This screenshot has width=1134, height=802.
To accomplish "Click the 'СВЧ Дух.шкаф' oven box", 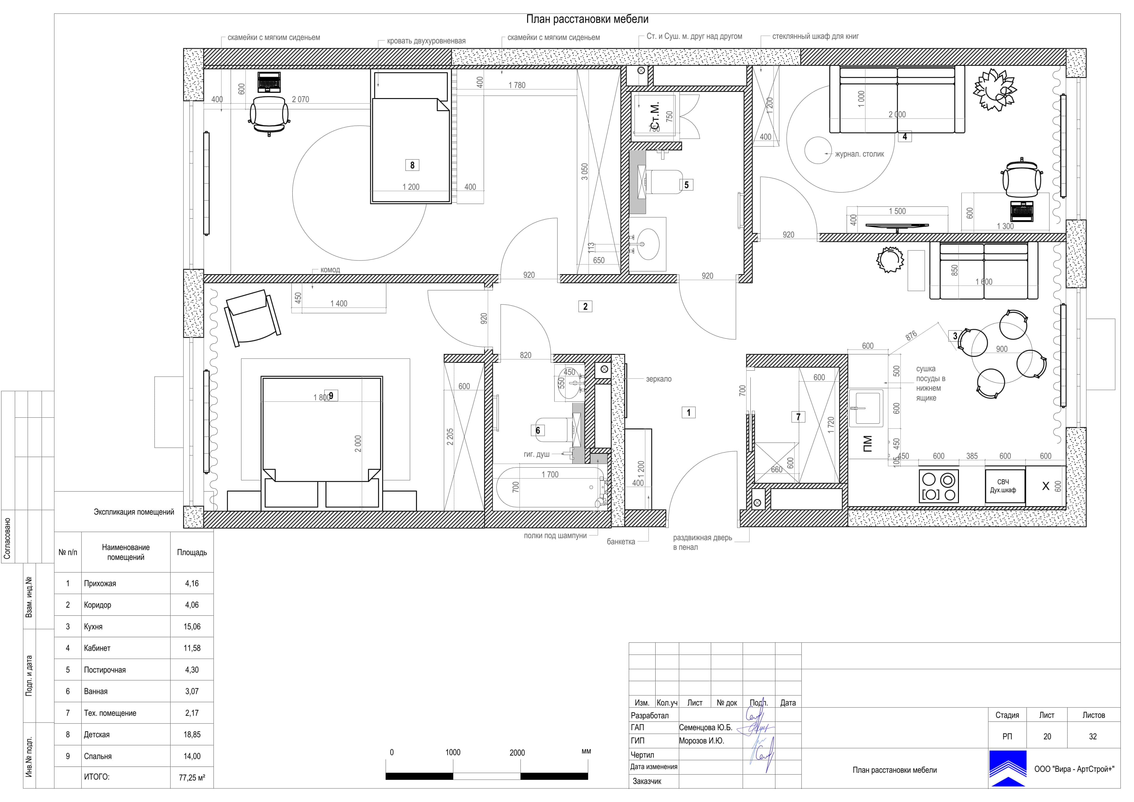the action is pyautogui.click(x=1005, y=486).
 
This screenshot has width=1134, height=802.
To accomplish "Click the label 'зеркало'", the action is pyautogui.click(x=658, y=379).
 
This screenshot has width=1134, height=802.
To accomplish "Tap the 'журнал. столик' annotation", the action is pyautogui.click(x=859, y=154).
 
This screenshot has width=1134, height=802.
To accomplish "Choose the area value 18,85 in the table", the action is pyautogui.click(x=192, y=734).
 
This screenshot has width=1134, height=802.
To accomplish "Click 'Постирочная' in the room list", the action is pyautogui.click(x=105, y=670).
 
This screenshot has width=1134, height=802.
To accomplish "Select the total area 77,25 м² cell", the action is pyautogui.click(x=192, y=777).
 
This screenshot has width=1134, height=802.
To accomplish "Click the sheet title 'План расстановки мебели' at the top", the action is pyautogui.click(x=587, y=19).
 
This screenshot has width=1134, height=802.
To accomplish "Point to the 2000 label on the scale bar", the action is pyautogui.click(x=517, y=753).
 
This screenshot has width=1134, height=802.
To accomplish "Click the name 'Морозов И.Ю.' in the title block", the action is pyautogui.click(x=701, y=741).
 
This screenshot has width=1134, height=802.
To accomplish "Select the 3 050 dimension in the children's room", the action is pyautogui.click(x=585, y=171).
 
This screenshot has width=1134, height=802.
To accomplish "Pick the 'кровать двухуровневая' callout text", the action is pyautogui.click(x=426, y=41).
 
